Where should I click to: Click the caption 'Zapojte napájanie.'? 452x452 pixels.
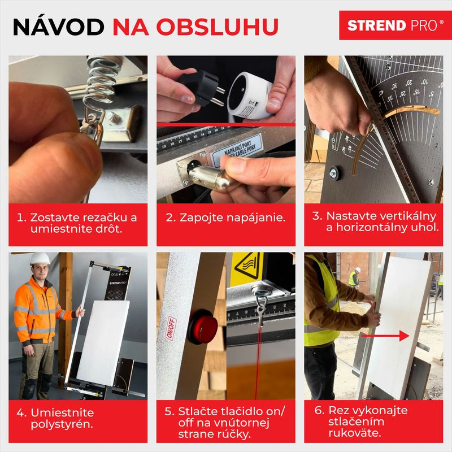225,218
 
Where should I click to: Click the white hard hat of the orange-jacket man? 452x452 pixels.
40,259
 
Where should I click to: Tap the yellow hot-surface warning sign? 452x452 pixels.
249,265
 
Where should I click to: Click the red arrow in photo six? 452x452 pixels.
385,336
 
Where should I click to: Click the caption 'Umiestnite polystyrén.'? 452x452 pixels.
62,419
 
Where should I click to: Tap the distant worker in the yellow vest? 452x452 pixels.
354,276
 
